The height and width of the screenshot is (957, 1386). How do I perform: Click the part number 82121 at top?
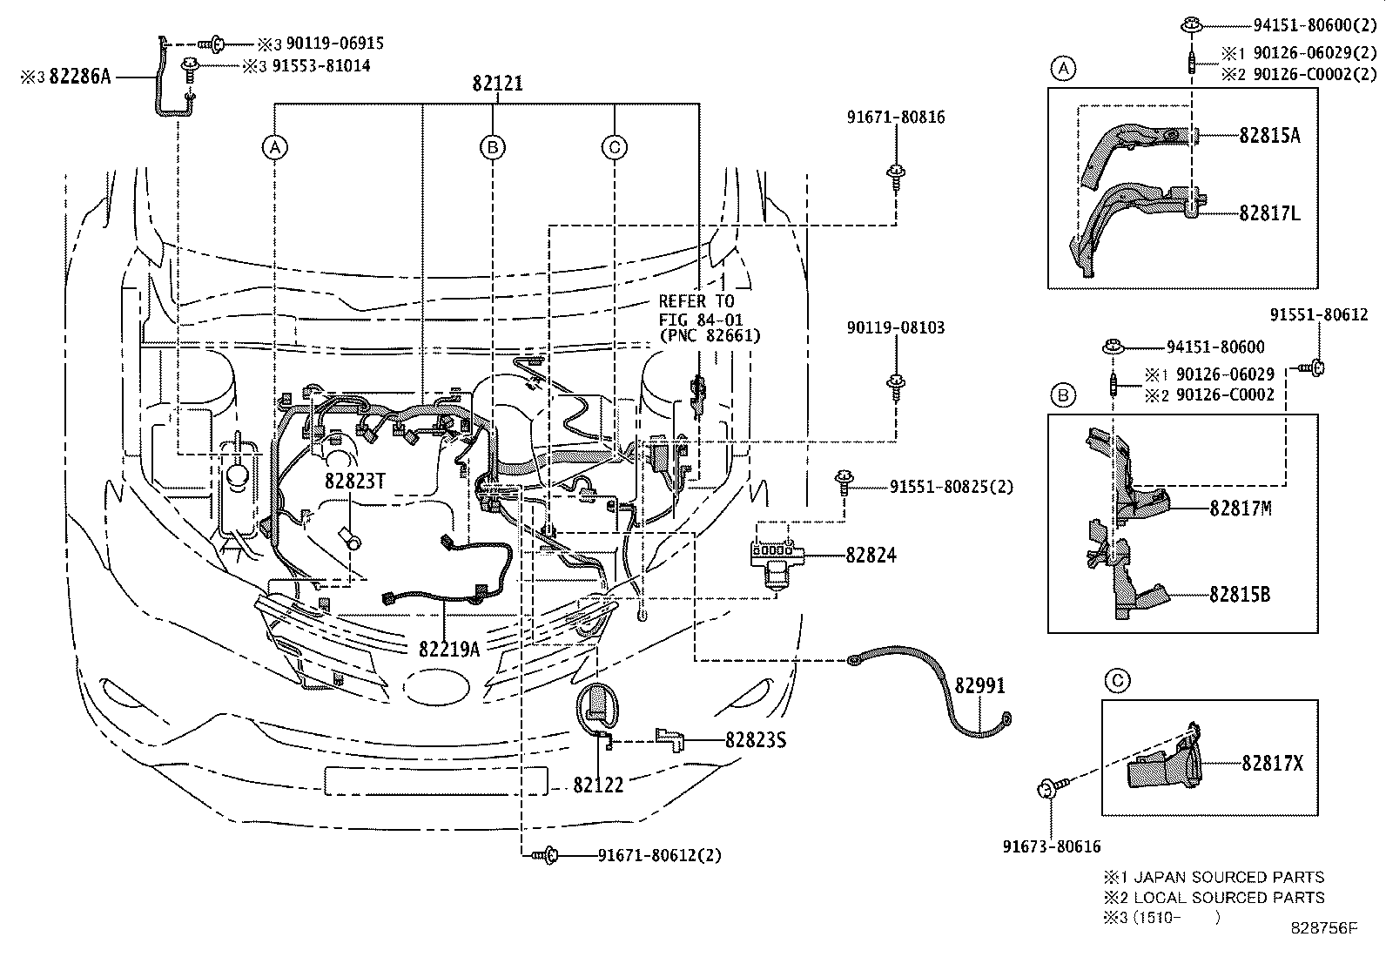(x=497, y=84)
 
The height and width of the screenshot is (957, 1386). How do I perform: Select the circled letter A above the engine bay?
(x=275, y=147)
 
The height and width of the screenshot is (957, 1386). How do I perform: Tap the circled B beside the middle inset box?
(x=1062, y=396)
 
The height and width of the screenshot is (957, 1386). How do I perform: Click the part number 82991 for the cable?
(x=979, y=686)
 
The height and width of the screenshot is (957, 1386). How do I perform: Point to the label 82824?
(x=870, y=555)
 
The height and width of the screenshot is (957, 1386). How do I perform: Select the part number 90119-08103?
(x=895, y=328)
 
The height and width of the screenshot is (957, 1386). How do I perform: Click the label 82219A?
(x=448, y=650)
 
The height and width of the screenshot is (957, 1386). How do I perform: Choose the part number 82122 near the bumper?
(x=598, y=785)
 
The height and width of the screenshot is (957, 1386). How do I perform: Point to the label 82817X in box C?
(x=1272, y=763)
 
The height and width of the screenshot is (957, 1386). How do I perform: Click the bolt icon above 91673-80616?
(x=1045, y=791)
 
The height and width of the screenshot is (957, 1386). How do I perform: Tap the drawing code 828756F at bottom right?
(x=1324, y=928)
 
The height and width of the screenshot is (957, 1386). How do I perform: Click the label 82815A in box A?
(x=1270, y=135)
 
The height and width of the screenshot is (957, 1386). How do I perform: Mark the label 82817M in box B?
(x=1240, y=508)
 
